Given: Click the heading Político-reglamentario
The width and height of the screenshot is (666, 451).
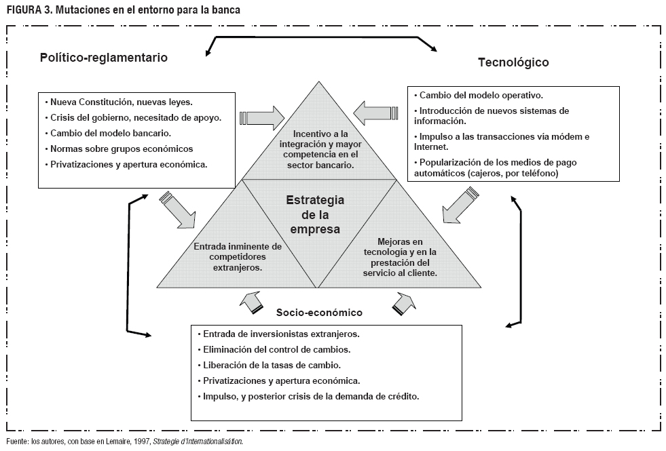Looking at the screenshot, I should pos(104,58).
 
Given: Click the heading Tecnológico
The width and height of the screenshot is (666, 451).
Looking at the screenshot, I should pos(513,62).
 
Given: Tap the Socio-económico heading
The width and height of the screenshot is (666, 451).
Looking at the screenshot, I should pos(320,313).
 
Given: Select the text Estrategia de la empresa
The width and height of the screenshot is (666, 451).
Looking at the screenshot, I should pos(315,214).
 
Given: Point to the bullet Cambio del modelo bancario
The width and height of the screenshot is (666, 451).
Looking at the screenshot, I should pos(111,133).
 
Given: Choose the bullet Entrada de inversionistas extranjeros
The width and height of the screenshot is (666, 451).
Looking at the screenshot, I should pos(280,334).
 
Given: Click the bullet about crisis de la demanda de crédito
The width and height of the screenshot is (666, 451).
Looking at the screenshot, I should pos(308,395).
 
